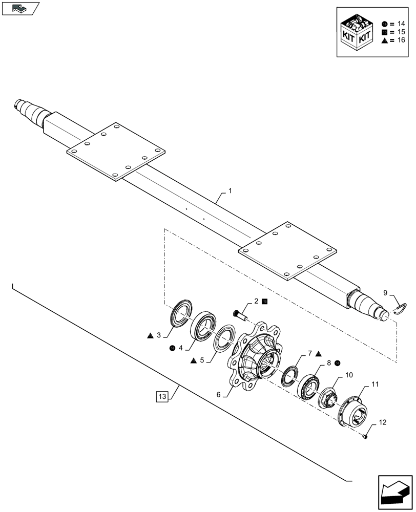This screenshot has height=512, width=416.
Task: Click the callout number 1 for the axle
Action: click(230, 190)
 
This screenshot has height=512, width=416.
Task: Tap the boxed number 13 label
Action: click(162, 396)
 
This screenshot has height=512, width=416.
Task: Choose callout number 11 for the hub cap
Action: click(375, 383)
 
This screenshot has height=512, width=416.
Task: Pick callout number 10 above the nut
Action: click(348, 375)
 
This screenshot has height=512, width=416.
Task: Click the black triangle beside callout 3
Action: click(150, 336)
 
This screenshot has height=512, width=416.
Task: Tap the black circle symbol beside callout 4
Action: click(172, 348)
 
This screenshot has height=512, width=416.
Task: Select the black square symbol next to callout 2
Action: click(264, 302)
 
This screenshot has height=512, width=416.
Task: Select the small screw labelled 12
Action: click(365, 437)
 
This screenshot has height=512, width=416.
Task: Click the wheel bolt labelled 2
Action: click(240, 315)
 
